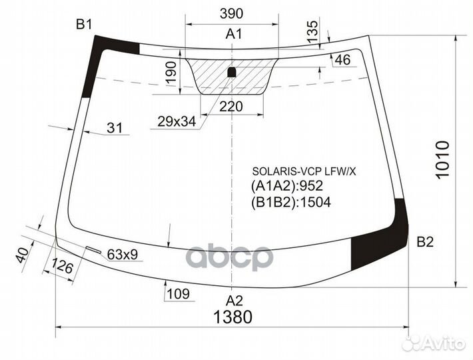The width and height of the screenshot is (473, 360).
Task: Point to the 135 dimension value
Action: [312, 32]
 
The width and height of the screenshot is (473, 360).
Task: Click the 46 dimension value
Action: [342, 61]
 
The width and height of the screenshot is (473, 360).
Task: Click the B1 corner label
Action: [84, 25]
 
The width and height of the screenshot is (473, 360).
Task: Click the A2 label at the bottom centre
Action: [233, 299]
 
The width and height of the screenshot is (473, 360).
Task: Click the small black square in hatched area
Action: [231, 72]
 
